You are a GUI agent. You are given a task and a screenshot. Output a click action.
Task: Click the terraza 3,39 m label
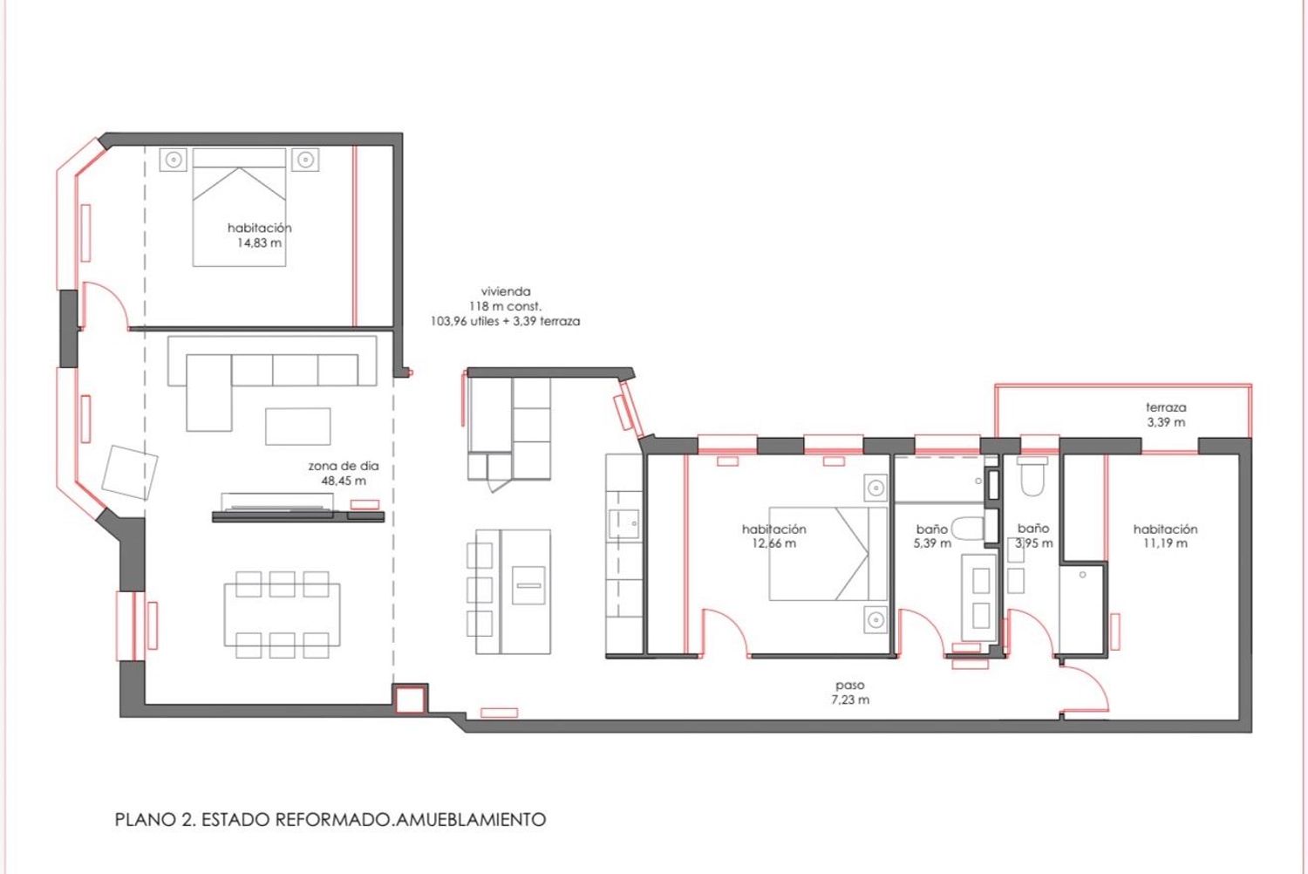[x=1166, y=415]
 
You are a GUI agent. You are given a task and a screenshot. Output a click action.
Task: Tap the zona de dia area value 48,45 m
[x=344, y=481]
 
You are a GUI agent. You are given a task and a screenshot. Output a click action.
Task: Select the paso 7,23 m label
[x=850, y=693]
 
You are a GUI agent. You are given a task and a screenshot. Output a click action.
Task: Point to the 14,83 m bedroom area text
[x=259, y=243]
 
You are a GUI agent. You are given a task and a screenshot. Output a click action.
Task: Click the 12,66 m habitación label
[x=773, y=536]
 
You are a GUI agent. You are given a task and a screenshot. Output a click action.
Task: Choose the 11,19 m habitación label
[x=1165, y=536]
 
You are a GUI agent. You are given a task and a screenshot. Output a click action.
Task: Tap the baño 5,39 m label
[x=932, y=536]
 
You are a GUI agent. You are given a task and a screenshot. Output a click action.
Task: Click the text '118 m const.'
[x=505, y=306]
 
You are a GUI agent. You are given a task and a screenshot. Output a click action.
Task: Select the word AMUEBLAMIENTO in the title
[x=471, y=820]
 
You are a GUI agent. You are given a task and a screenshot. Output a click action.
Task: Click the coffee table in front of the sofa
[x=298, y=427]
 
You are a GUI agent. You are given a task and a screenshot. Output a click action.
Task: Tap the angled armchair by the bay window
[x=130, y=473]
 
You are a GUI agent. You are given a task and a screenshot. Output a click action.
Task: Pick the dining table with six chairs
[x=282, y=615]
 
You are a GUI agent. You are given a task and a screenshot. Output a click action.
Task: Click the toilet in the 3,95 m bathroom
[x=1032, y=477]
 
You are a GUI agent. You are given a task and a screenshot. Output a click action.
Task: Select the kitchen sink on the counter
[x=623, y=523]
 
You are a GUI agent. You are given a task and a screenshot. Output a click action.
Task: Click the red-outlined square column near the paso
[x=411, y=700]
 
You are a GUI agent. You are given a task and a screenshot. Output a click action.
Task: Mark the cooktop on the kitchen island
[x=528, y=585]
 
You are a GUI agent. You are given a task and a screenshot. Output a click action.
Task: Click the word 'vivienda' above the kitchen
[x=506, y=291]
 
